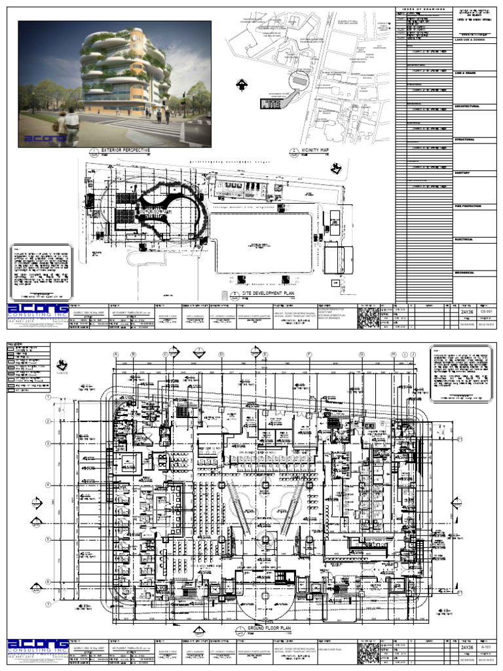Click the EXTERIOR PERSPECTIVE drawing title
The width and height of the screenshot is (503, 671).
126,150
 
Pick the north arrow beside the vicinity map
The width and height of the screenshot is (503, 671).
240,84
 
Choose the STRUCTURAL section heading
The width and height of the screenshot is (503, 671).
465,140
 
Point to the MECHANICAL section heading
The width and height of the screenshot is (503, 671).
466,273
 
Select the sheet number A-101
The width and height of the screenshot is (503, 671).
485,647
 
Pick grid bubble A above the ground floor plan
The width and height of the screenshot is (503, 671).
116,355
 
